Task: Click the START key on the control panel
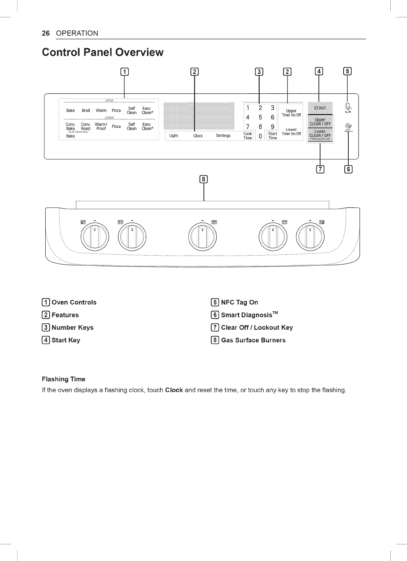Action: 320,108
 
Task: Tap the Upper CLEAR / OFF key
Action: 320,122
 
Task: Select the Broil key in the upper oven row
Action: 85,110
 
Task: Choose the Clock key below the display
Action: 198,136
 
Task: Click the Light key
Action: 174,136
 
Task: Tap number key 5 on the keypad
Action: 260,117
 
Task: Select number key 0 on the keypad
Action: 260,136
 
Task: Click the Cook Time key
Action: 248,136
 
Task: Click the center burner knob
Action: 203,237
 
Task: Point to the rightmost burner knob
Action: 310,237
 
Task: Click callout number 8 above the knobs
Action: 204,179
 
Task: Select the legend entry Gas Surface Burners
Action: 253,340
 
